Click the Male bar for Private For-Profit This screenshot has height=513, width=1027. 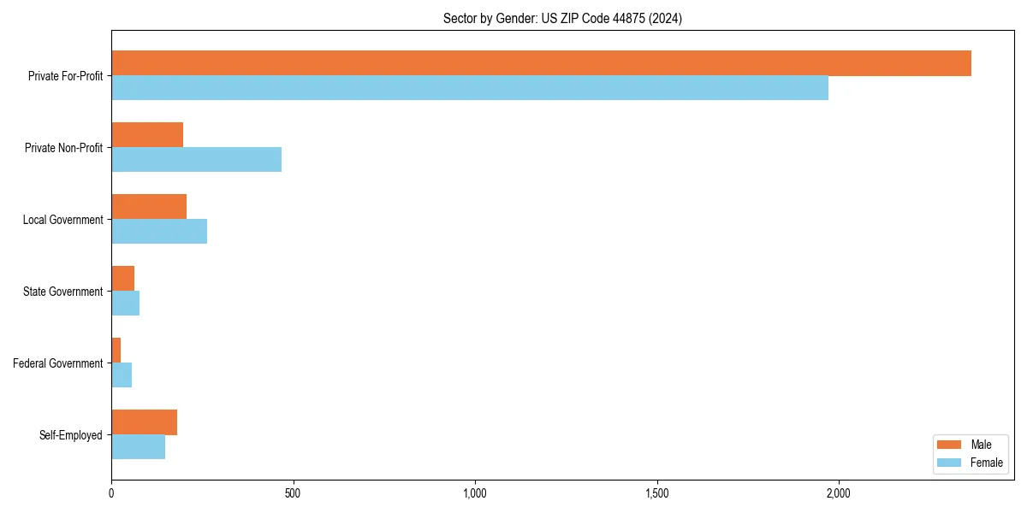541,63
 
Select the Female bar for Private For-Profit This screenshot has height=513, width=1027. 470,88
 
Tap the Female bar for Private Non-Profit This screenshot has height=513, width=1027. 196,160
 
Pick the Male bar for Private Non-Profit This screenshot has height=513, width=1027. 147,135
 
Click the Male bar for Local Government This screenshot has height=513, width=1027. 149,207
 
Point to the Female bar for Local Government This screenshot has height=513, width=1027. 159,232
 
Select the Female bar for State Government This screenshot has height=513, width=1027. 125,304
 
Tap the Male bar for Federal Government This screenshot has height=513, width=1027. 116,351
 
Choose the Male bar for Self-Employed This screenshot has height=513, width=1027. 144,422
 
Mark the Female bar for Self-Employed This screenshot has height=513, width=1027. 138,447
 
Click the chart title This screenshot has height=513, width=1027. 562,18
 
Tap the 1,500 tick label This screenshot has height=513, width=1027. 656,493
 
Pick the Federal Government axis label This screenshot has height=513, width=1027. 57,363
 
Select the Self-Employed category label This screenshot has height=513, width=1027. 70,435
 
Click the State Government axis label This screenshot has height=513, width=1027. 62,292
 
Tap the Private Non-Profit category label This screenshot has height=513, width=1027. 63,148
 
